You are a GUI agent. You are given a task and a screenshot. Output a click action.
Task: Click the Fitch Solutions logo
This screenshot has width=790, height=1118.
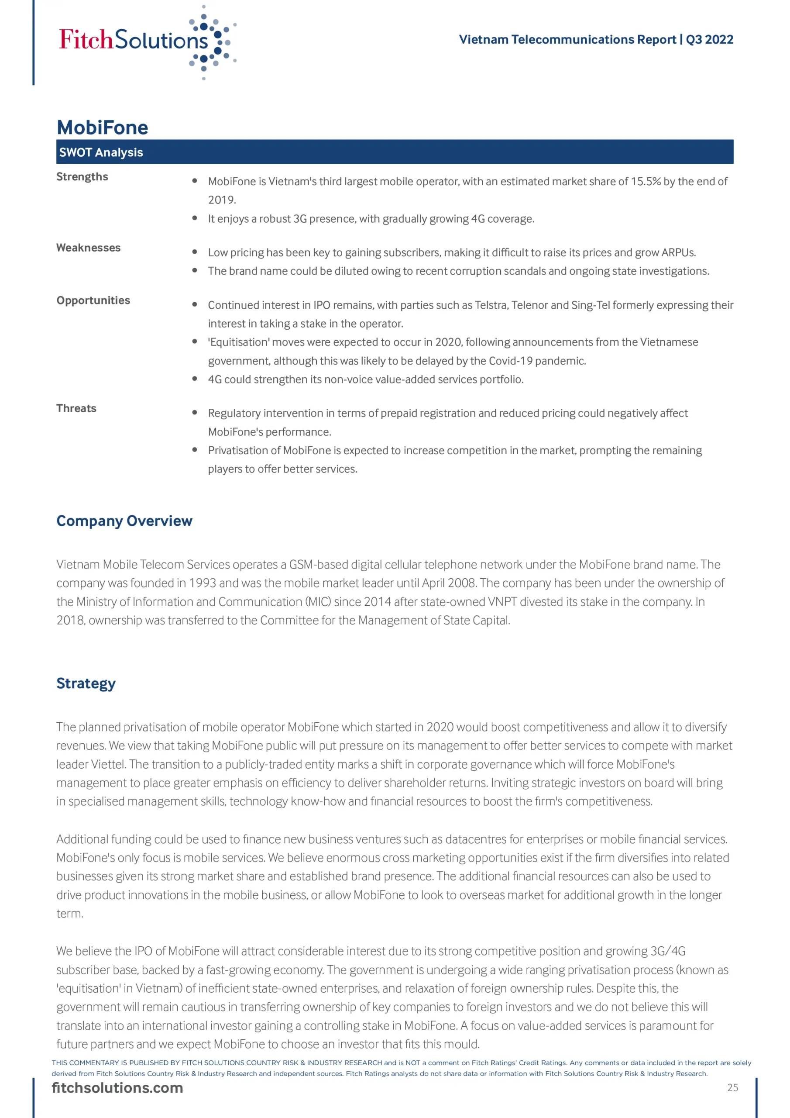pos(146,41)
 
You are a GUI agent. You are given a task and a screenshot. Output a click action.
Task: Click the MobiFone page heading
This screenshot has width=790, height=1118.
pos(102,128)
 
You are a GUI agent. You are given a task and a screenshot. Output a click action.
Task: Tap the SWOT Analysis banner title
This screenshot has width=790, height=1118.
pos(101,152)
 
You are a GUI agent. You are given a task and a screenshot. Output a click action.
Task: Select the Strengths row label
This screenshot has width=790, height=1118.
pos(82,177)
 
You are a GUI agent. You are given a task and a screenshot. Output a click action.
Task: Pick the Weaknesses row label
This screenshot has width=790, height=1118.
pos(89,248)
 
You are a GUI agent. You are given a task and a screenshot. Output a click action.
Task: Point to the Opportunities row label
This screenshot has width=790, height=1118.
pos(93,300)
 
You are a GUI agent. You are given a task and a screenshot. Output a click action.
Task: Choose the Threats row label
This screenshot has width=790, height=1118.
pos(76,408)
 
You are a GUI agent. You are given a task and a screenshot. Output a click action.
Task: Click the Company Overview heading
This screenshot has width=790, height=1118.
pos(124,521)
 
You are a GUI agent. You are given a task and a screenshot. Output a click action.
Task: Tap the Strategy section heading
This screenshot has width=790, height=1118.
pos(86,683)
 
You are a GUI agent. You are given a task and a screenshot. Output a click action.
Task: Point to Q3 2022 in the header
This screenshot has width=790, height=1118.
pos(709,39)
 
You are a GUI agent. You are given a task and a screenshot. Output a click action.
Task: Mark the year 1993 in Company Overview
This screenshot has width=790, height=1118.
pos(203,583)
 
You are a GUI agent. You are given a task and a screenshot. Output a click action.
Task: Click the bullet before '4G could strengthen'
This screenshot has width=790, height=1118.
pos(195,379)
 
